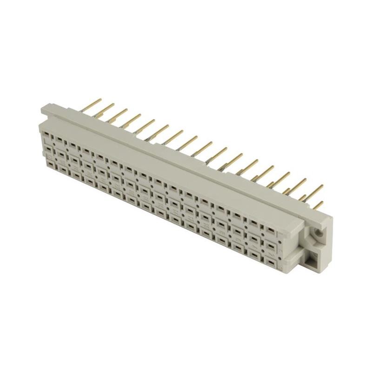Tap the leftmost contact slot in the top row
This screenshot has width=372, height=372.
(x=47, y=135)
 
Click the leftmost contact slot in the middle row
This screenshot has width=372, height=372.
(x=47, y=150)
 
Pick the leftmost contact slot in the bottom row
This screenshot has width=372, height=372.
(x=47, y=163)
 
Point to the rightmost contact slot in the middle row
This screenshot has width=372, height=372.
(x=270, y=244)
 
